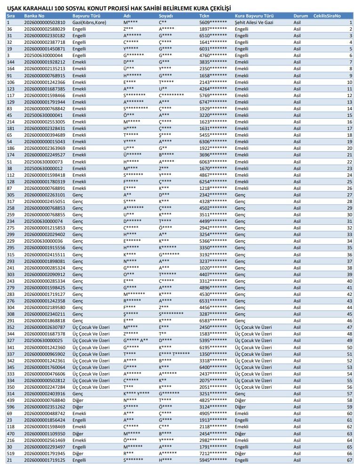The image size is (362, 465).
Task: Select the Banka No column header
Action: coord(34,16)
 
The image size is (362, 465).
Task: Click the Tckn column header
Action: coord(205,16)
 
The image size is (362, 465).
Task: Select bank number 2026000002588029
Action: coord(45,29)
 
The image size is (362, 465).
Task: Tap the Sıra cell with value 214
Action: coord(10,122)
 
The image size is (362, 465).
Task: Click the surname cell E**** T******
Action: coord(174,354)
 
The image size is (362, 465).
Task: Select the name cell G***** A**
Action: coord(136,340)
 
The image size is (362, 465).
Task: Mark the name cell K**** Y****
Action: coord(137,393)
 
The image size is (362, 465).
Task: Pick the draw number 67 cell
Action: coord(349,460)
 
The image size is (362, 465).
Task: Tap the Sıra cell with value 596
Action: coord(10,407)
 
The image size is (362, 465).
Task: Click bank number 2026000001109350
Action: coord(45,433)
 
